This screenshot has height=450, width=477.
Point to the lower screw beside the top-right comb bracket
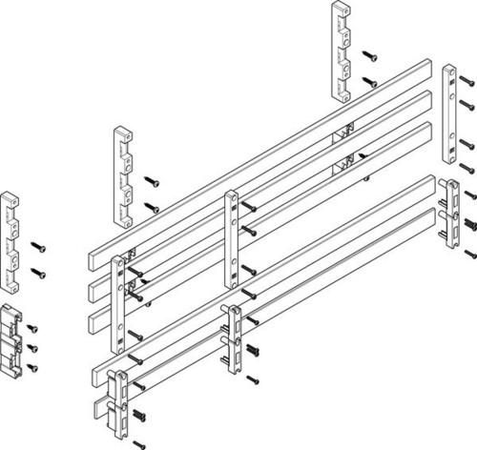coord(370,84)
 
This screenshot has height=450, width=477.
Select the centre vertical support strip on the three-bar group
coord(231,238)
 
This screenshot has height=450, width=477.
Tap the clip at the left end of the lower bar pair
coord(115,400)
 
